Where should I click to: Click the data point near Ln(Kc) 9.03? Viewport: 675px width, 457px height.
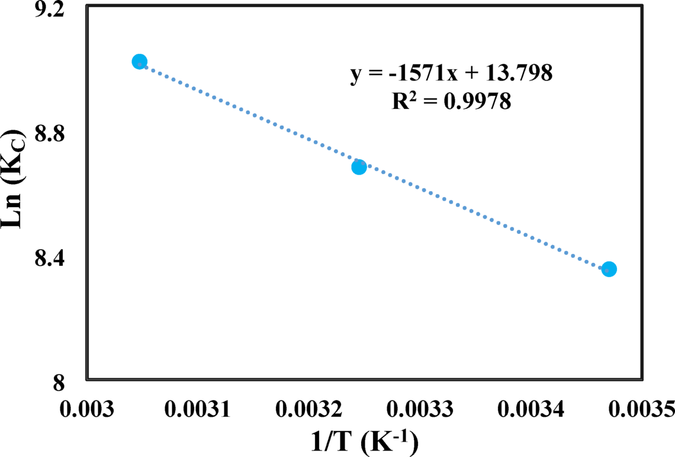(139, 62)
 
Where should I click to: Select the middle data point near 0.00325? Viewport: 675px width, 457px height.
(359, 167)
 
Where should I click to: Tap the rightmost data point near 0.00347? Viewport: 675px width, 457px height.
(609, 269)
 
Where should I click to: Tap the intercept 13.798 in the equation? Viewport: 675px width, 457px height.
(517, 74)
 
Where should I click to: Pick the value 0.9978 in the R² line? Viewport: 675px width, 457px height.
(481, 101)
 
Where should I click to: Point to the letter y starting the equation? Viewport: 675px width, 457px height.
(355, 76)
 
